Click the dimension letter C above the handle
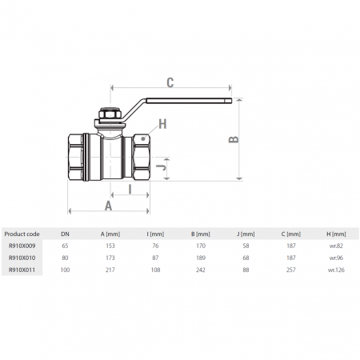point(170,81)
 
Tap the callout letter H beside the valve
point(162,124)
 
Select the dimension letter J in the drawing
point(162,167)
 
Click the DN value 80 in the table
point(66,259)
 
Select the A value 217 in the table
point(110,271)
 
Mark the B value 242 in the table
point(202,271)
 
